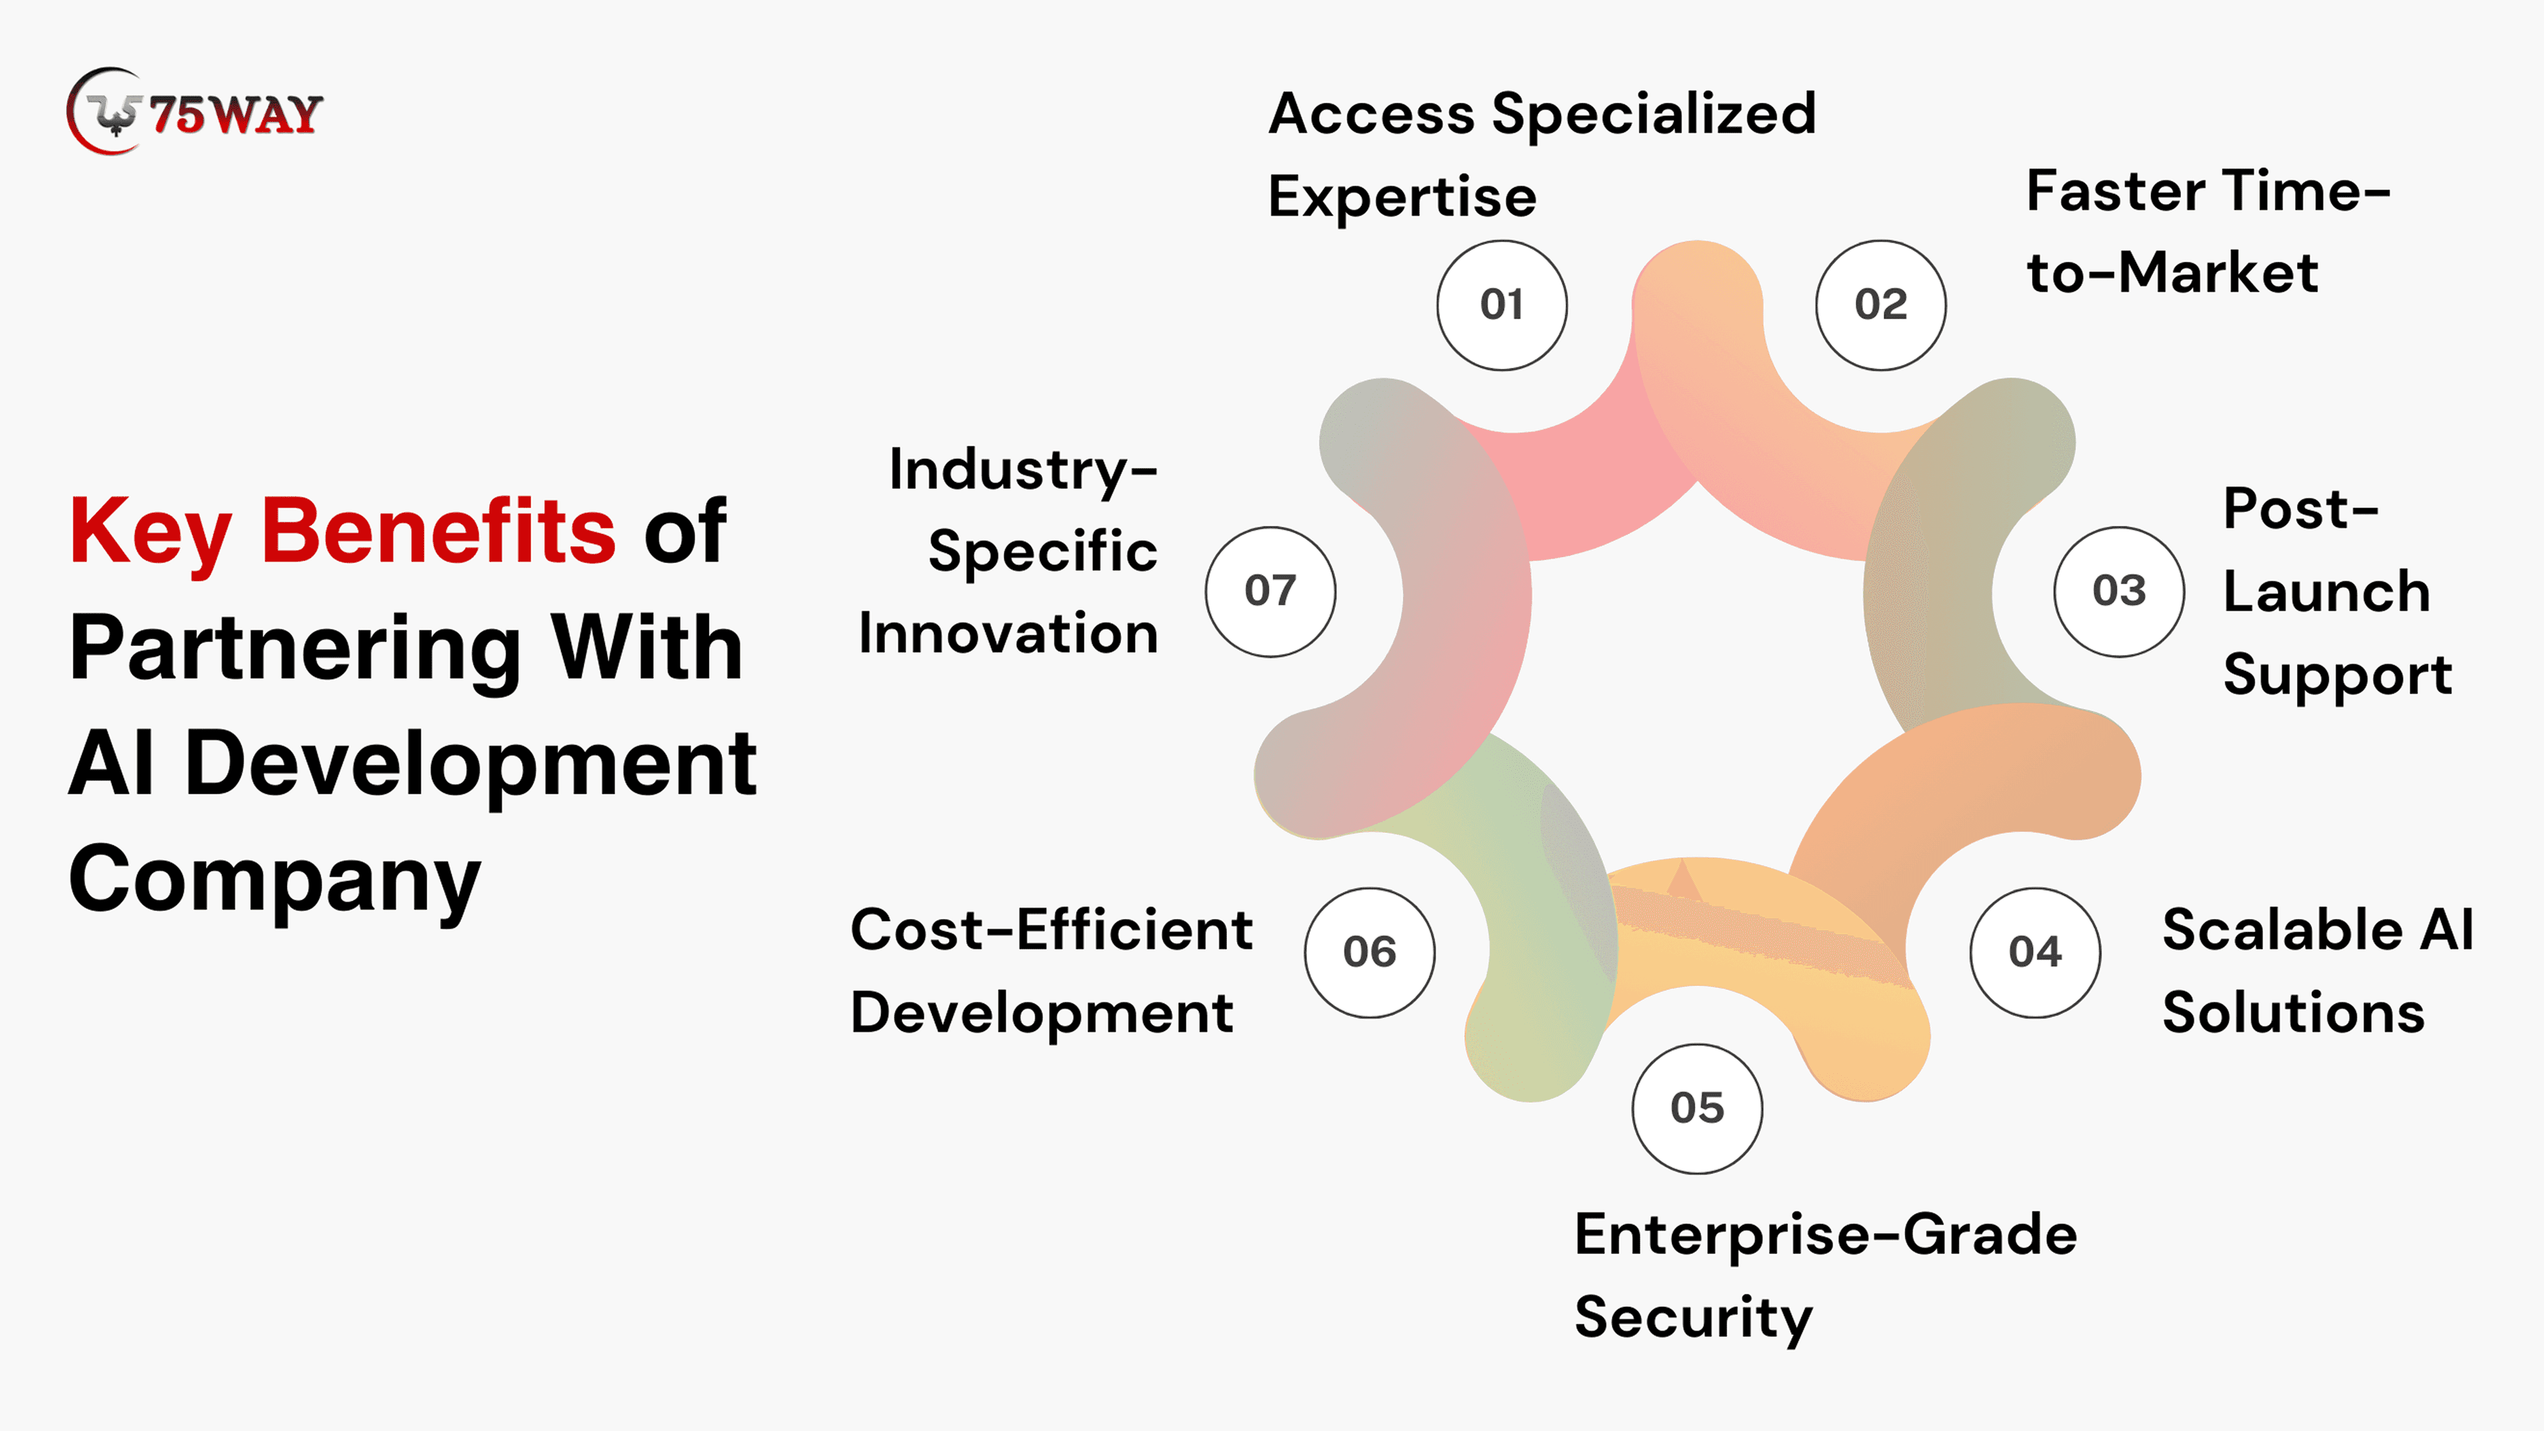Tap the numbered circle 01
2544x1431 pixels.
coord(1501,305)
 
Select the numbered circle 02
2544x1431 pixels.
coord(1880,305)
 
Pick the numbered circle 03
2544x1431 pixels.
coord(2119,592)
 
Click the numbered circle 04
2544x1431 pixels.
coord(2035,952)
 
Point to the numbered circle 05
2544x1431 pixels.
coord(1697,1108)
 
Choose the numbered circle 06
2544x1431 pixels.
coord(1369,952)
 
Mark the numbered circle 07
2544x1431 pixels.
coord(1270,592)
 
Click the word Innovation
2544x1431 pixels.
coord(1008,633)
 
